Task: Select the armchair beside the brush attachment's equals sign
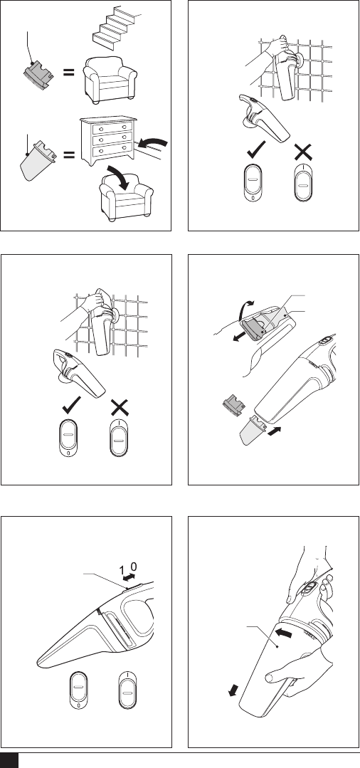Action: tap(110, 80)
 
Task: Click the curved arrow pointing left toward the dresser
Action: tap(153, 144)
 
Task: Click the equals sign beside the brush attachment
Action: tap(68, 72)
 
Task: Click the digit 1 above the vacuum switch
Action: tap(122, 569)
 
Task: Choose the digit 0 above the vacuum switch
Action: tap(134, 567)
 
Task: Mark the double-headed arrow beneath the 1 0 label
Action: tap(129, 577)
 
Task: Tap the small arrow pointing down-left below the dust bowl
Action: tap(233, 690)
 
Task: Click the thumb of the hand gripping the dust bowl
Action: tap(277, 678)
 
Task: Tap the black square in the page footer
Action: tap(9, 760)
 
